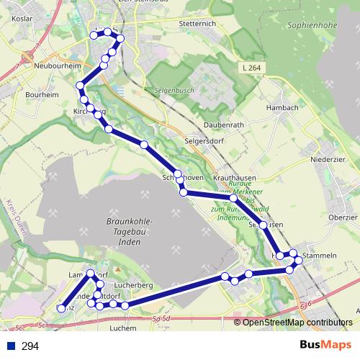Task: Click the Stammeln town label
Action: (x=320, y=256)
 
